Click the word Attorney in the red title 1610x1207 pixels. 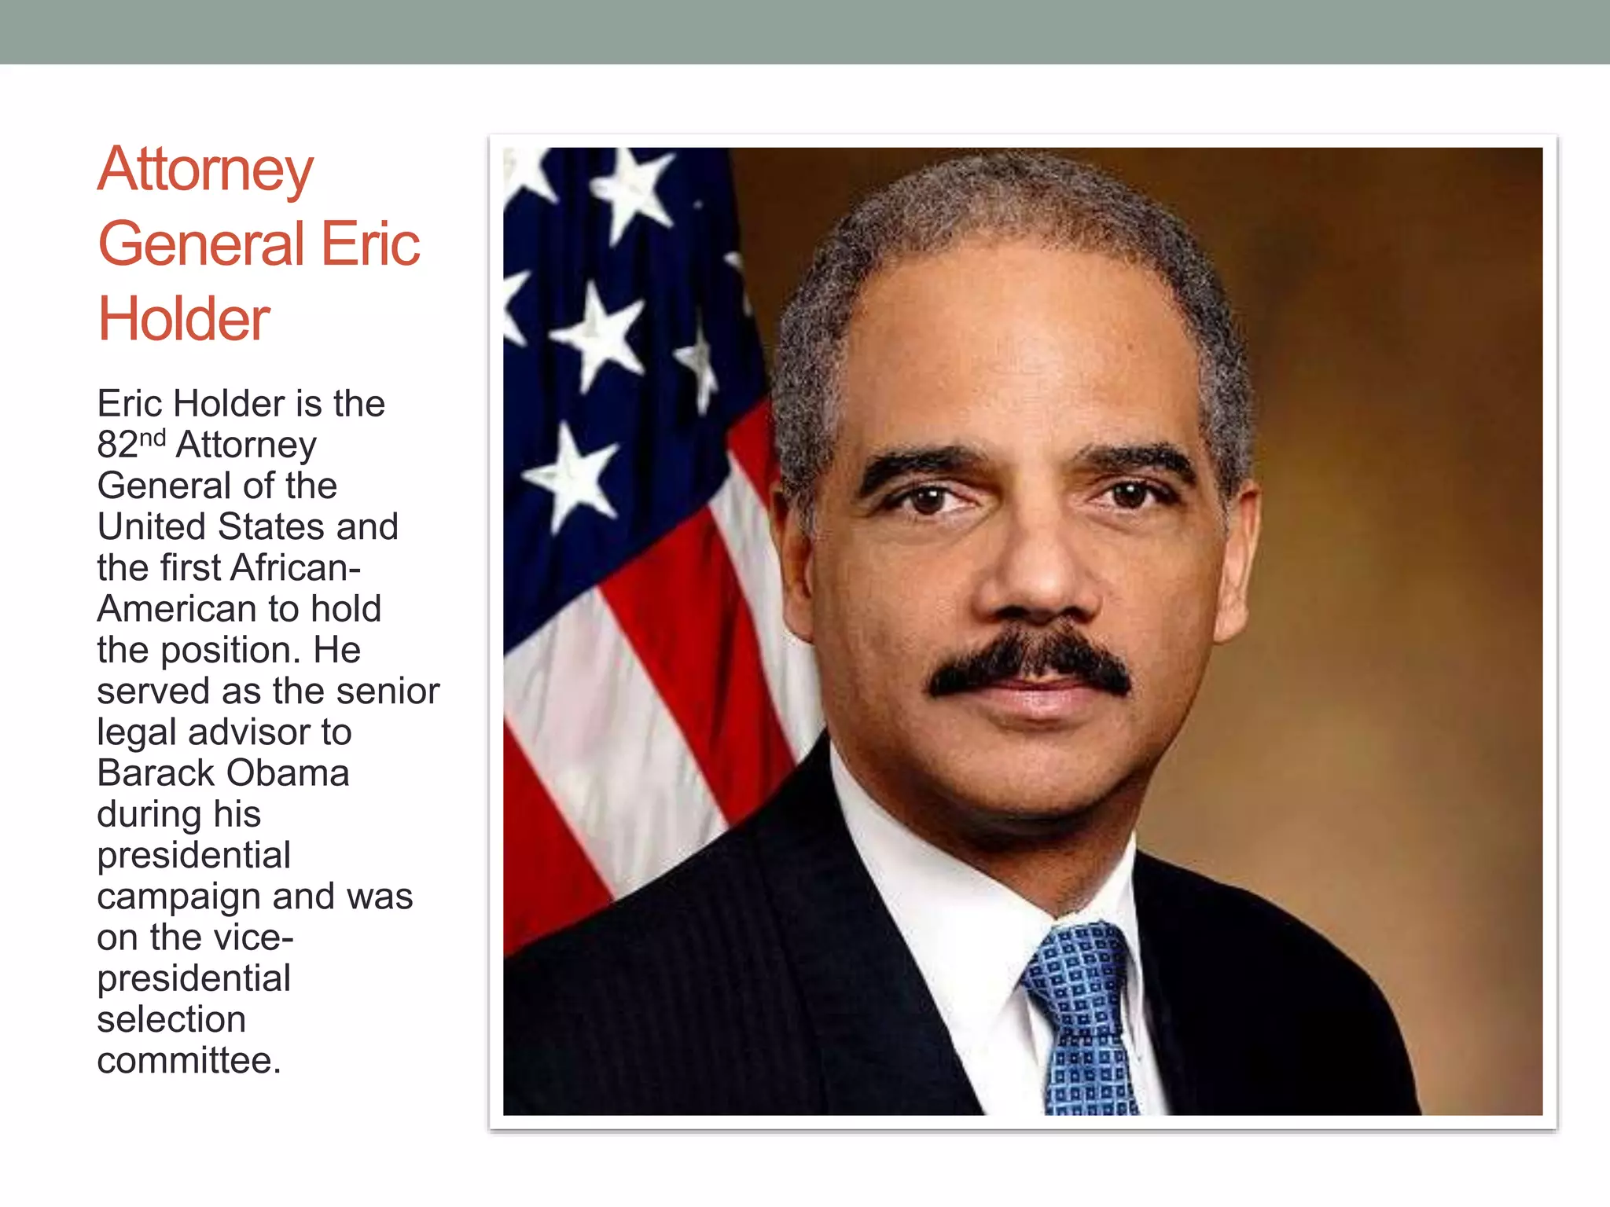click(x=205, y=171)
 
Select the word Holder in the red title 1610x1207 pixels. click(x=184, y=319)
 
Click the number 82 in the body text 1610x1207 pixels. click(x=117, y=445)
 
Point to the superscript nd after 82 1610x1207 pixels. click(x=153, y=437)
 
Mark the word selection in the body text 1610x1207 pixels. click(x=171, y=1020)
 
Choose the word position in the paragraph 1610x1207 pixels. click(x=230, y=651)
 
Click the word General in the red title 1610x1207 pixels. click(x=201, y=244)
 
